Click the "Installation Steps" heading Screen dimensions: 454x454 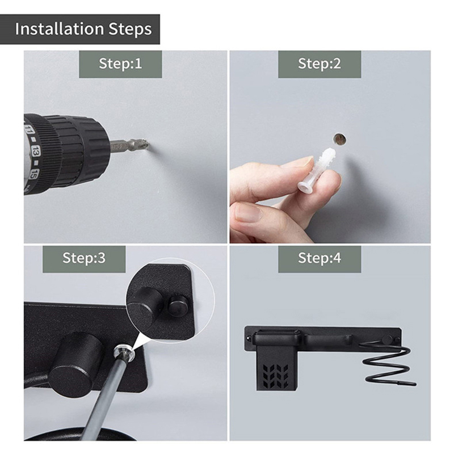pyautogui.click(x=83, y=29)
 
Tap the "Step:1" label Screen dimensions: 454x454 pyautogui.click(x=120, y=64)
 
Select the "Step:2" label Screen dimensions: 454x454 pyautogui.click(x=320, y=64)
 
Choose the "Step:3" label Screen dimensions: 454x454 pyautogui.click(x=84, y=258)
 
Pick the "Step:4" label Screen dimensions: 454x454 pyautogui.click(x=320, y=258)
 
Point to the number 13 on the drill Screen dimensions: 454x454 pyautogui.click(x=36, y=151)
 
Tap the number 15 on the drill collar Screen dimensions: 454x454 pyautogui.click(x=34, y=174)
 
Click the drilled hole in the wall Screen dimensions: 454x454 pyautogui.click(x=340, y=139)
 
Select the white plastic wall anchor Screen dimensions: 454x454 pyautogui.click(x=317, y=169)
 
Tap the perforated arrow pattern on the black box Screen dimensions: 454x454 pyautogui.click(x=276, y=376)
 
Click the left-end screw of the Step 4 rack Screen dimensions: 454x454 pyautogui.click(x=249, y=338)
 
